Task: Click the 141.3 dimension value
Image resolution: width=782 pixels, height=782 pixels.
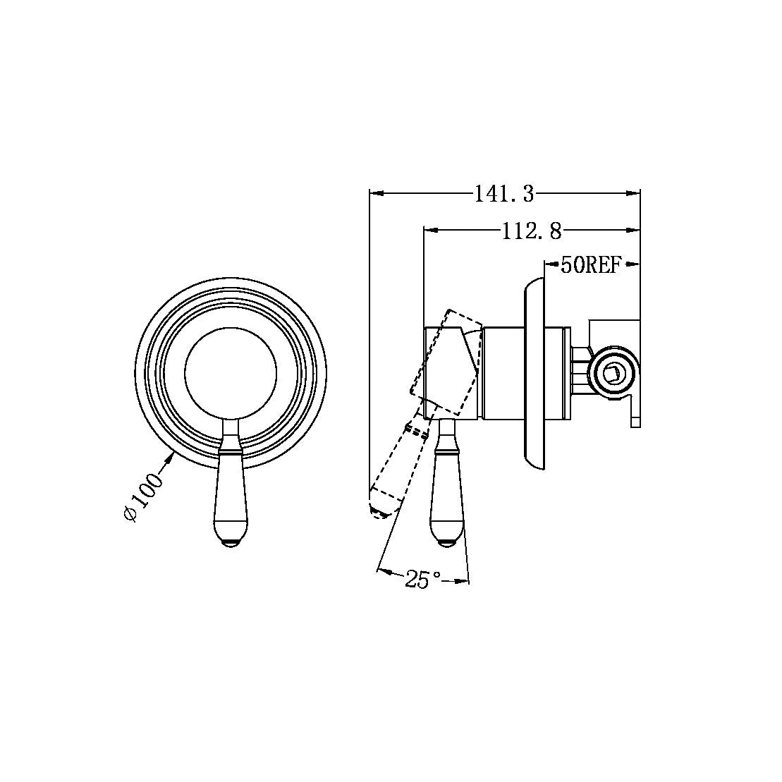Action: [x=503, y=193]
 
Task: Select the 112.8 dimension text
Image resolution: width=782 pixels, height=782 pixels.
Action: [x=532, y=231]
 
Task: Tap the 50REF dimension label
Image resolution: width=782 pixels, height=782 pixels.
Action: [x=590, y=265]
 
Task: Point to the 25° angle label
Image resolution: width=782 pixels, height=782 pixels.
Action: [x=423, y=580]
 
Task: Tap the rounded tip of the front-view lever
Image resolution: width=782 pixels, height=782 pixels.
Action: [x=231, y=543]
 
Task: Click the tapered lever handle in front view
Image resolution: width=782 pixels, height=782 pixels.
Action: [x=231, y=494]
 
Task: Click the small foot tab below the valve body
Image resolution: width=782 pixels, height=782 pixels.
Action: [x=635, y=422]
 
